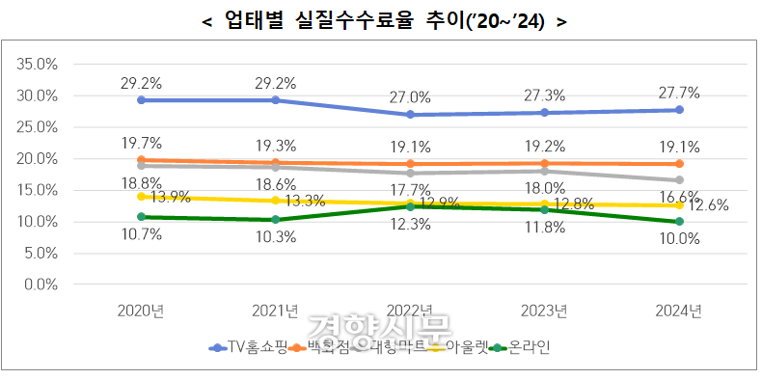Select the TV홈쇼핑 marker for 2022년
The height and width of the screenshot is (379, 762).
(412, 114)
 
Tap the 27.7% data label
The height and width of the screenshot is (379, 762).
(681, 93)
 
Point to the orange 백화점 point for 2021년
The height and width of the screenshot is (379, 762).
(277, 163)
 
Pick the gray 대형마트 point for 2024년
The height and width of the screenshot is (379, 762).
(680, 180)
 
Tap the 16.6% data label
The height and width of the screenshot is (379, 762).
(680, 198)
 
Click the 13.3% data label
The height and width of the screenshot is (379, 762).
(305, 201)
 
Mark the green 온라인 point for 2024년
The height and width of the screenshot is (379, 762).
(680, 222)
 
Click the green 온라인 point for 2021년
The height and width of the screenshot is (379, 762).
(277, 220)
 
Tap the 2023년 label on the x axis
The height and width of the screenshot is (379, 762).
(546, 311)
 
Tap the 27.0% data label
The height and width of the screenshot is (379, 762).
(412, 96)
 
